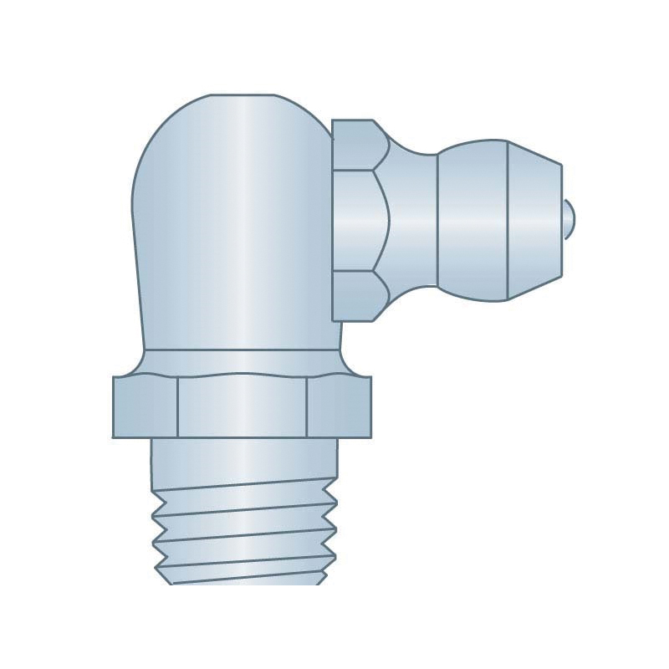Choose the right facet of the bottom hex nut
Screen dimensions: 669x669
click(339, 408)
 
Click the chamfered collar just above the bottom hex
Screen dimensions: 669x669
click(243, 361)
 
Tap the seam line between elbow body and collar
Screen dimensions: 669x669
click(243, 349)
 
